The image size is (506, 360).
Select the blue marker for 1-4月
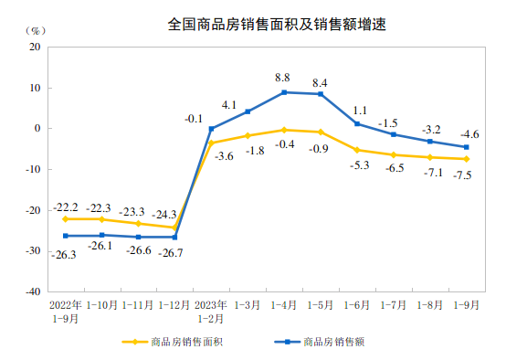284,92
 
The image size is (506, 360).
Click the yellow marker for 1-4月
284,130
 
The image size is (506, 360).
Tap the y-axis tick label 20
37,48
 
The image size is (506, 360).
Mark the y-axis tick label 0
39,129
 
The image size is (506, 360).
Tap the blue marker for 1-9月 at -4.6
466,147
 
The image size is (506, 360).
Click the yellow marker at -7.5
466,159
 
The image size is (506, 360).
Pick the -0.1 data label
194,119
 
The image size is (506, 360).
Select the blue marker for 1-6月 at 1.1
357,123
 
